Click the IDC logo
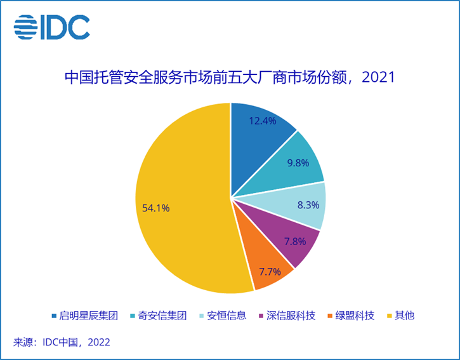52,27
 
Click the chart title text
230,78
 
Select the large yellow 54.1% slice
184,203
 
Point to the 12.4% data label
261,120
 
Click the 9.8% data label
297,163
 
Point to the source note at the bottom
62,342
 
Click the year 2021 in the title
379,78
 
